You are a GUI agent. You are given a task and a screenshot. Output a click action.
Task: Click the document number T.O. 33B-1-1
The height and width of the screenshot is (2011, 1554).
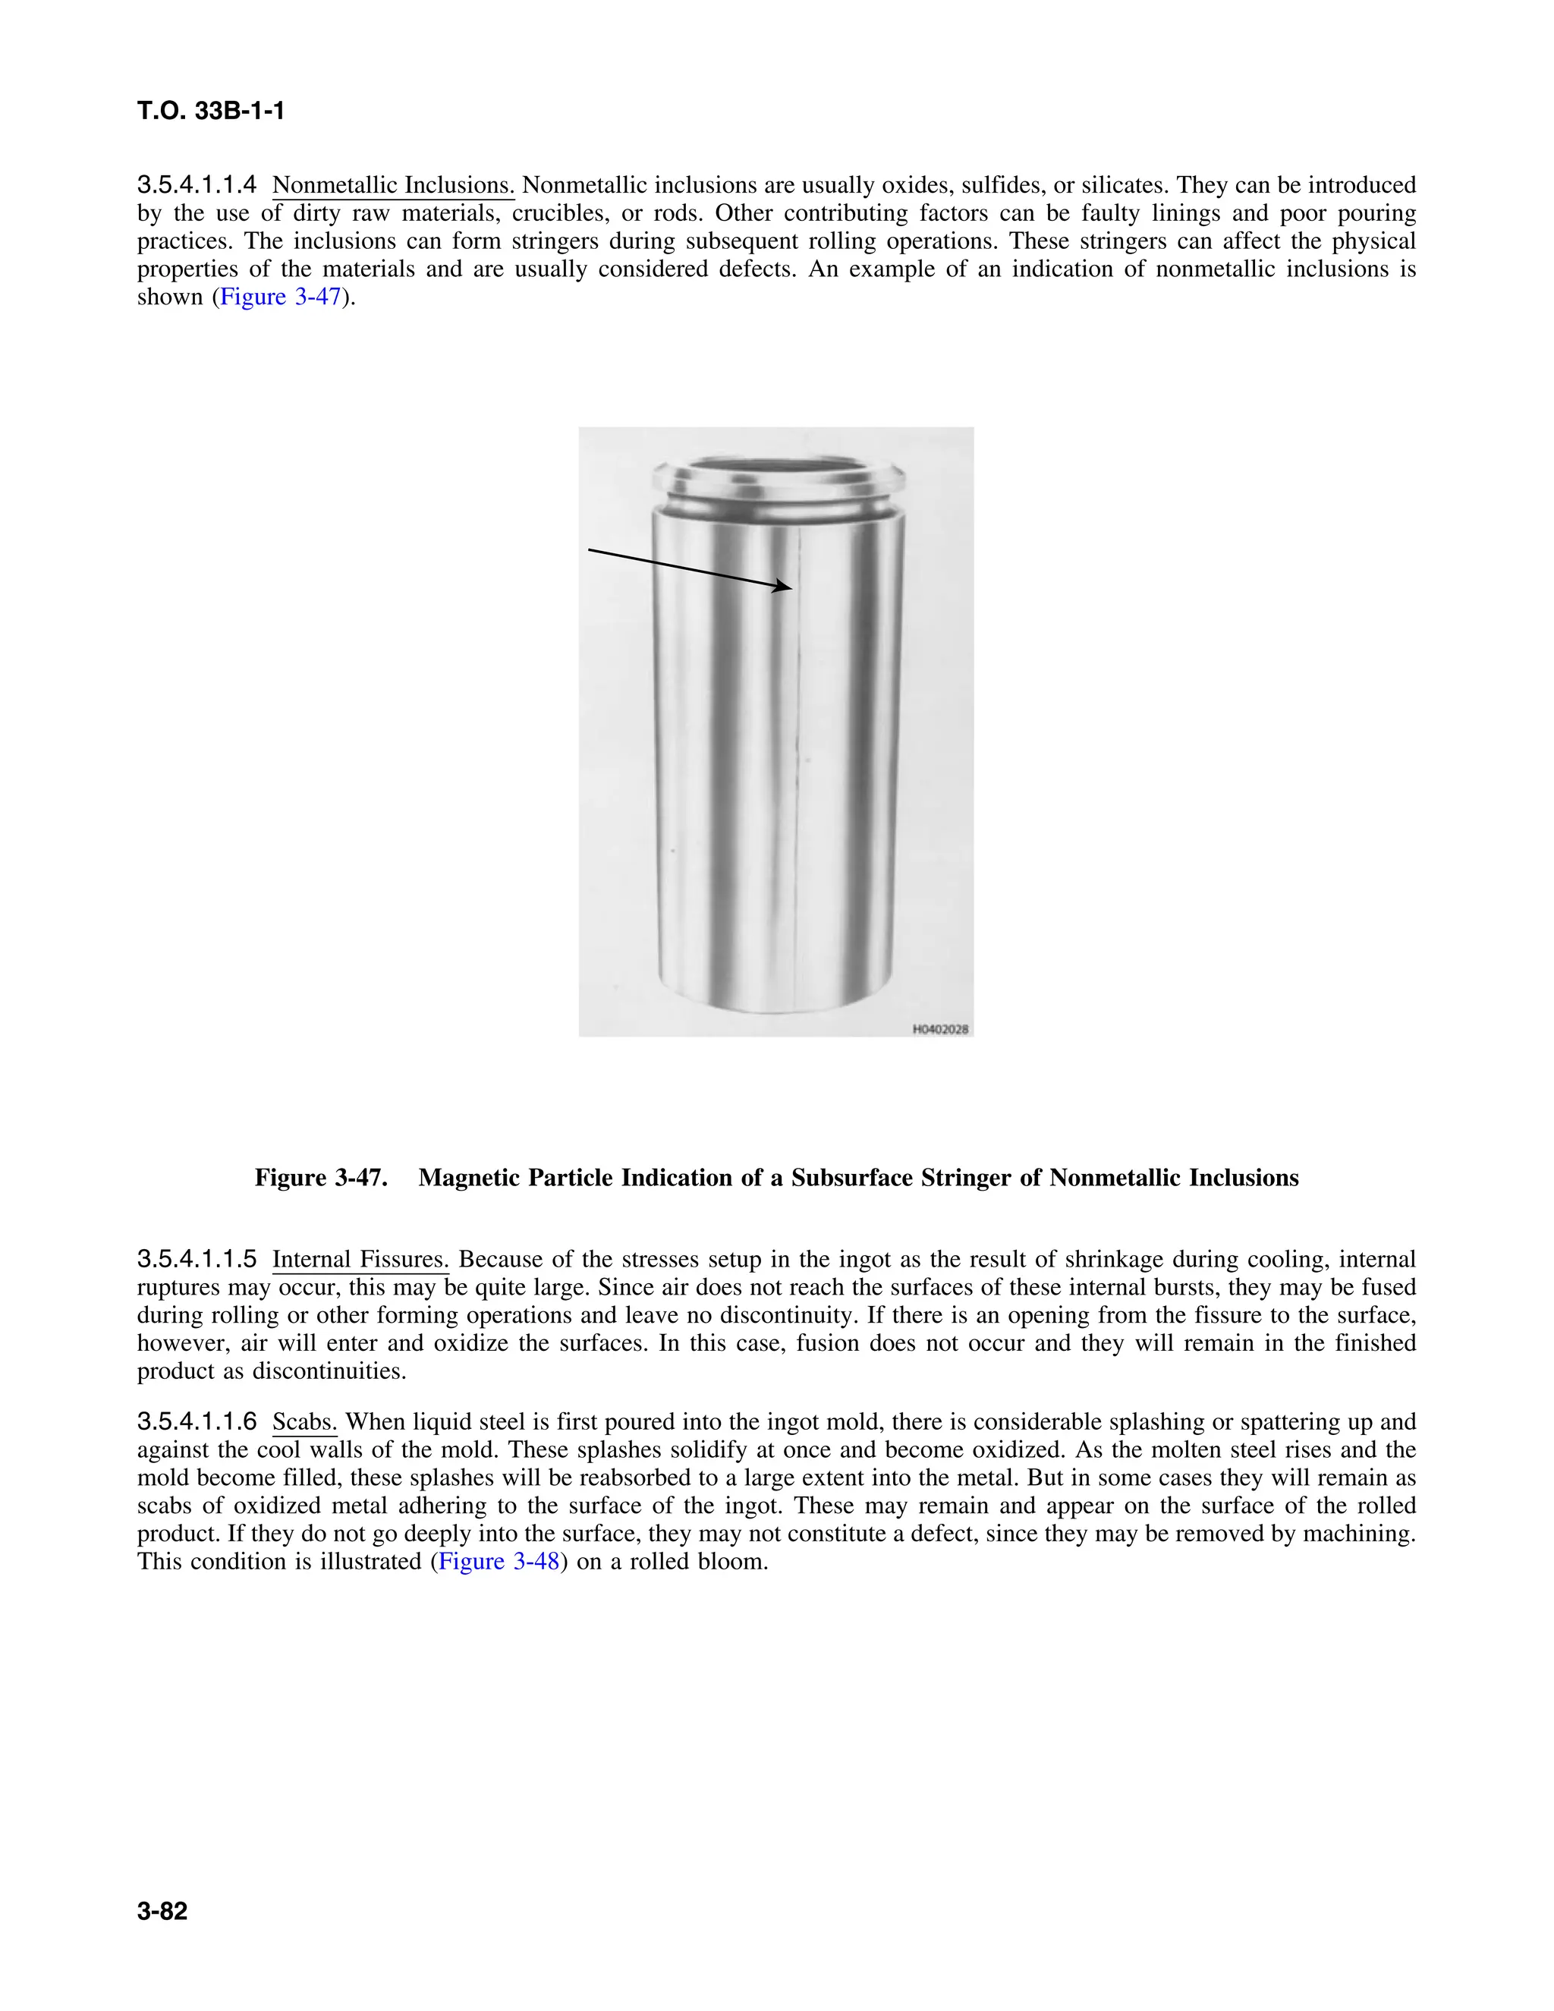211,112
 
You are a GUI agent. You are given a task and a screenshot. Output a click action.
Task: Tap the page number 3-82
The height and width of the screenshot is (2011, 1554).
162,1912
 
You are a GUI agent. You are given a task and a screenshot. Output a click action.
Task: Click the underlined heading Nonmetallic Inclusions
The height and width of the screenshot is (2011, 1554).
393,185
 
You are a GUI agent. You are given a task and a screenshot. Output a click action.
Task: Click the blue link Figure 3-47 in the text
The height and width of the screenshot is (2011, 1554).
280,297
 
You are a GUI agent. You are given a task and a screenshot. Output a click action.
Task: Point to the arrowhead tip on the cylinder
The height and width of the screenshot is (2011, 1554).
790,587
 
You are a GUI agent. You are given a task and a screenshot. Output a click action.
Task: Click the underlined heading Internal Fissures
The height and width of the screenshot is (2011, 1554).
360,1259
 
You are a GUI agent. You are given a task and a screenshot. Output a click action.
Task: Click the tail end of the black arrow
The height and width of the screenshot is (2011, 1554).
590,549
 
